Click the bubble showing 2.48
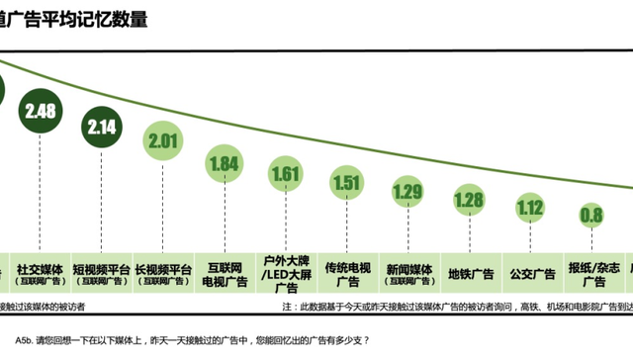pyautogui.click(x=41, y=111)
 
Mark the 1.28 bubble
pyautogui.click(x=470, y=200)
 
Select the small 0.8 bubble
pyautogui.click(x=592, y=215)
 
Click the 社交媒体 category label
pyautogui.click(x=41, y=272)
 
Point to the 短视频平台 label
pyautogui.click(x=103, y=272)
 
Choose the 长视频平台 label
pyautogui.click(x=166, y=272)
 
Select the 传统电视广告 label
pyautogui.click(x=348, y=274)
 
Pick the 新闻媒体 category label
pyautogui.click(x=408, y=272)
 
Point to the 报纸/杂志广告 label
pyautogui.click(x=593, y=274)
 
